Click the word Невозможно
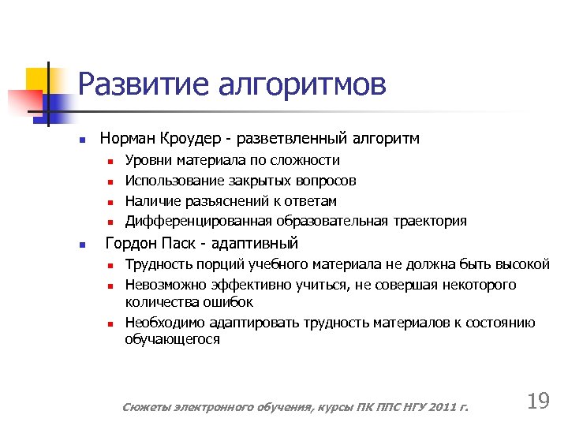(x=160, y=284)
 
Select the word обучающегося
(x=172, y=340)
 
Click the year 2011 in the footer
(x=436, y=407)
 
